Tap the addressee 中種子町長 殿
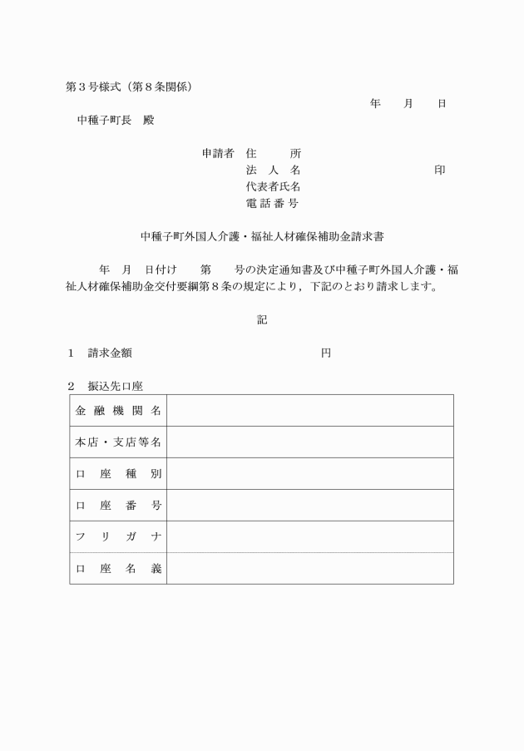[116, 120]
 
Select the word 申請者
[218, 153]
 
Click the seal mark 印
[439, 170]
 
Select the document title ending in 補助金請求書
[262, 236]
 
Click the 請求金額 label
[110, 353]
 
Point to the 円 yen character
[326, 353]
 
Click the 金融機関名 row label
[118, 411]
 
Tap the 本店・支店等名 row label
[118, 442]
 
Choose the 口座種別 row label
[118, 474]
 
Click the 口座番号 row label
[118, 506]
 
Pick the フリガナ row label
[118, 537]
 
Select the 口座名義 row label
[118, 569]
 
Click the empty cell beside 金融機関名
[309, 411]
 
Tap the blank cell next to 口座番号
[309, 506]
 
